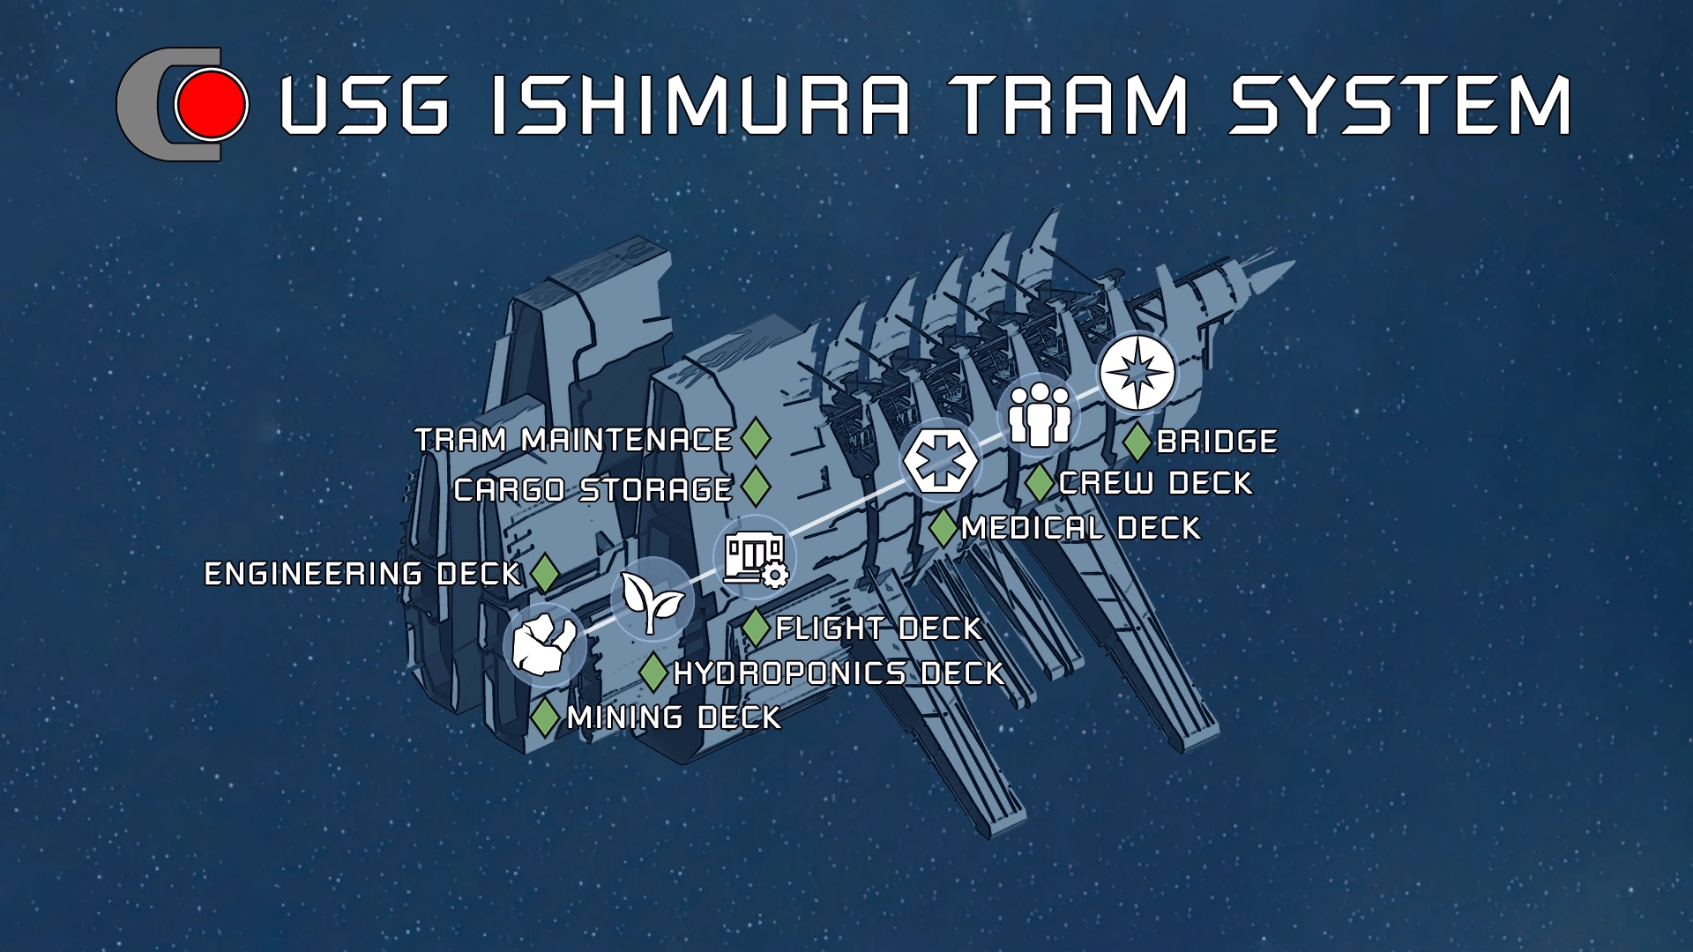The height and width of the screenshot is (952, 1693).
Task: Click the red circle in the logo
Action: (211, 105)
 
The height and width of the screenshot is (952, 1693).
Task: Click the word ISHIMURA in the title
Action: (700, 106)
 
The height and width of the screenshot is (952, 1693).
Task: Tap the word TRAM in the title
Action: (1070, 106)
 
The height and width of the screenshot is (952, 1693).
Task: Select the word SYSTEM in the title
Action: (1400, 106)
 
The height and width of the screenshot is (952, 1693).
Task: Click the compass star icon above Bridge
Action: (1138, 372)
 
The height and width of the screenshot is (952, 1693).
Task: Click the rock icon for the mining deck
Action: (545, 644)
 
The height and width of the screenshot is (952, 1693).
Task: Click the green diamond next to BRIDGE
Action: (1137, 442)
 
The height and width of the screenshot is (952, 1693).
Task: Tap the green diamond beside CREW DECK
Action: (1040, 483)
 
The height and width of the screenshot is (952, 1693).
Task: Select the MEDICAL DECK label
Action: (1080, 528)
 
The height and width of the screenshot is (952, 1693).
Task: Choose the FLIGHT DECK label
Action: (878, 628)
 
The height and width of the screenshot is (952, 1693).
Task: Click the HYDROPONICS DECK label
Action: (839, 673)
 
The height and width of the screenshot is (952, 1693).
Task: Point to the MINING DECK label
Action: (674, 718)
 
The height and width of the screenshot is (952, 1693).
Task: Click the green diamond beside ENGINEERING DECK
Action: (545, 574)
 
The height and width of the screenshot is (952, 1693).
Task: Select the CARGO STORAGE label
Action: (593, 489)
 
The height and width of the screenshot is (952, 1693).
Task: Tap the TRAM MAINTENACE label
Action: (573, 440)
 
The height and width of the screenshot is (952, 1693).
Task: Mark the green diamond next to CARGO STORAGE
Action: (756, 487)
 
